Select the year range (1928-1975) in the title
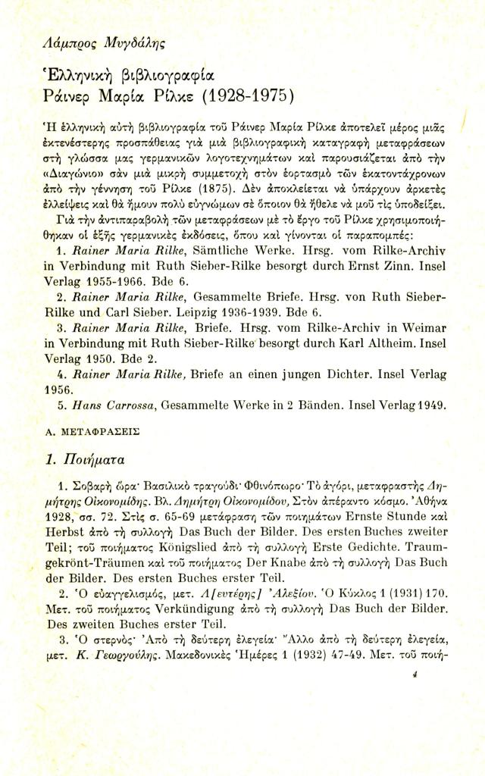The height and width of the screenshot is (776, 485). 248,97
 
